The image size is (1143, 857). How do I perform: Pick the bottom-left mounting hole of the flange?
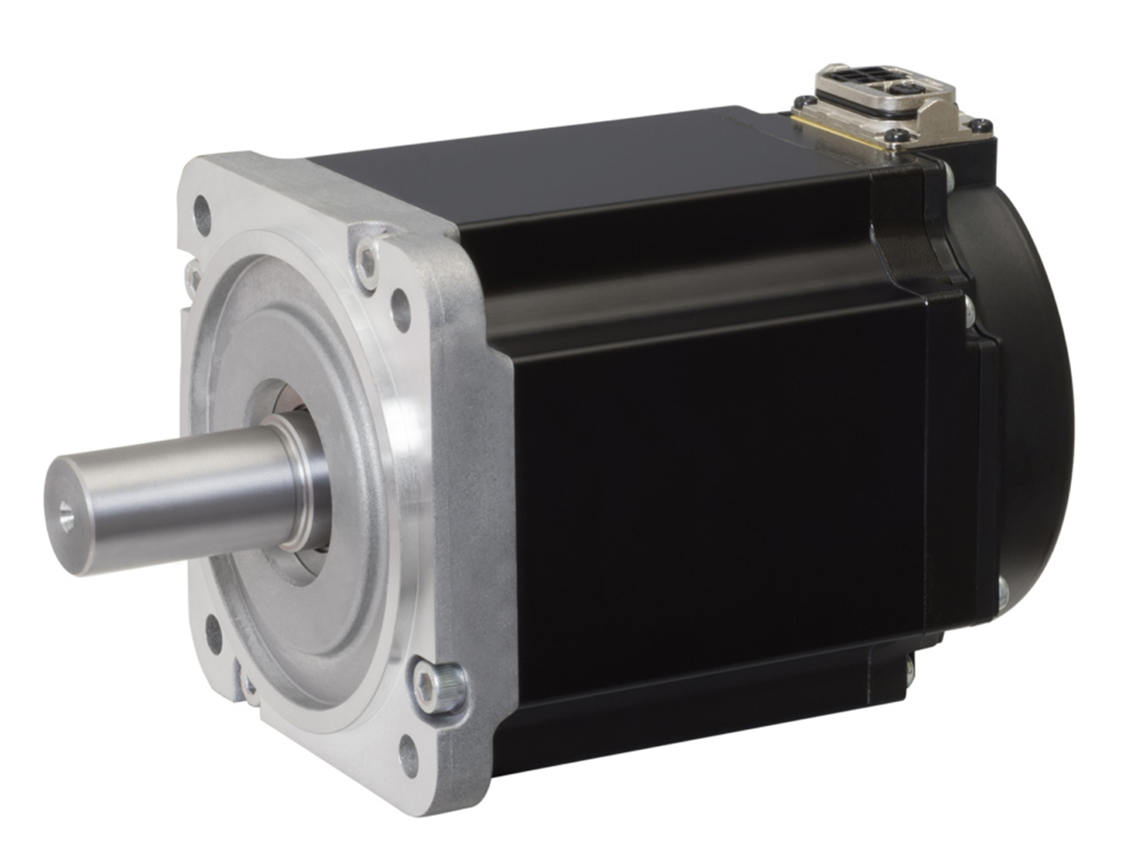tap(210, 630)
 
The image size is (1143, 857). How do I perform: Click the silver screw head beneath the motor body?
tap(909, 667)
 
